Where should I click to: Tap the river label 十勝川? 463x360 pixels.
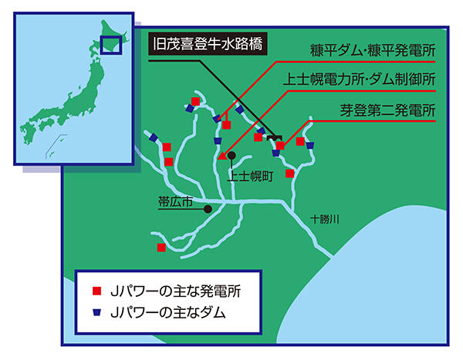[x=326, y=219]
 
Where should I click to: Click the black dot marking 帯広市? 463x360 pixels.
[x=208, y=208]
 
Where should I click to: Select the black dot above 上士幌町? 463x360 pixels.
[x=231, y=155]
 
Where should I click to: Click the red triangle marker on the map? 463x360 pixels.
[x=222, y=156]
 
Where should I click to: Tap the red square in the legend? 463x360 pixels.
[x=97, y=291]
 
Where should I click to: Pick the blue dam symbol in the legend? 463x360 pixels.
[x=97, y=312]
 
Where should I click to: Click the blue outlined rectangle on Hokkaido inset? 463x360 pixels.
[x=111, y=45]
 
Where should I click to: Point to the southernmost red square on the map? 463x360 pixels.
[x=161, y=247]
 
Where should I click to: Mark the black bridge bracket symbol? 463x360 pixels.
[x=273, y=138]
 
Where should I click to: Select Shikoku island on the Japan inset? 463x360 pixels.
[x=48, y=126]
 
